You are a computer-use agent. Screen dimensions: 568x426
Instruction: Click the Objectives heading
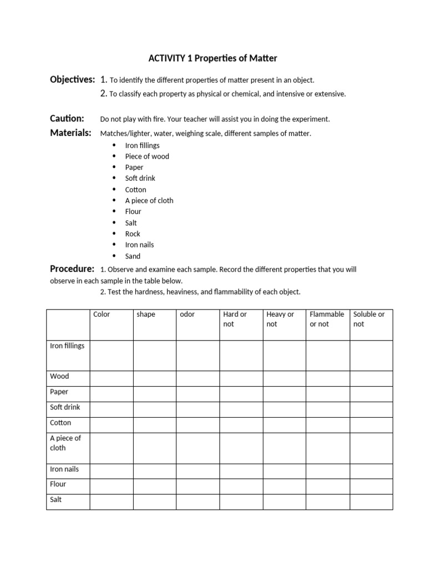(x=72, y=80)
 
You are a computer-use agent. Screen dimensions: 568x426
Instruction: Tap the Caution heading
(x=67, y=119)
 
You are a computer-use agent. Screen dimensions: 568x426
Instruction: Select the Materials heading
(x=70, y=133)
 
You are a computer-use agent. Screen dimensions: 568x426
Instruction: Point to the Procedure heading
(x=72, y=269)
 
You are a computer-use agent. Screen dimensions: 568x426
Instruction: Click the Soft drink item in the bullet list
(x=140, y=178)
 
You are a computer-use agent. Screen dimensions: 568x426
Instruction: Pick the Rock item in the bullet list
(x=133, y=234)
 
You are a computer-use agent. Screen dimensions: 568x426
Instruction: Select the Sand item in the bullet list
(x=133, y=256)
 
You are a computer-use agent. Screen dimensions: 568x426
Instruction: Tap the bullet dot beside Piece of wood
(x=114, y=156)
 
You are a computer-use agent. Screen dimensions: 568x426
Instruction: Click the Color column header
(x=102, y=315)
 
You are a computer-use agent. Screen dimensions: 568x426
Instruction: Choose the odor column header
(x=187, y=315)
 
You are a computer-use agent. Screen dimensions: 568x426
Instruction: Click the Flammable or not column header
(x=327, y=319)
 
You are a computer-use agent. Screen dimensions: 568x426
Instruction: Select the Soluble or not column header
(x=369, y=319)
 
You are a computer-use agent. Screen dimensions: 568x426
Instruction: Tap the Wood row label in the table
(x=59, y=376)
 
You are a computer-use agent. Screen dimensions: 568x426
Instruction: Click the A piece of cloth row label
(x=65, y=443)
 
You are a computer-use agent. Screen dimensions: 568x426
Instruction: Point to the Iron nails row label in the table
(x=64, y=469)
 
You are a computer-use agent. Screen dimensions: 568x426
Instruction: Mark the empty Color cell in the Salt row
(x=111, y=501)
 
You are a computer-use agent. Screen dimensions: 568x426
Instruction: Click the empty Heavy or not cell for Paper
(x=284, y=394)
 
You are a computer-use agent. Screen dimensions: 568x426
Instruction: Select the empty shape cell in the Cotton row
(x=154, y=425)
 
